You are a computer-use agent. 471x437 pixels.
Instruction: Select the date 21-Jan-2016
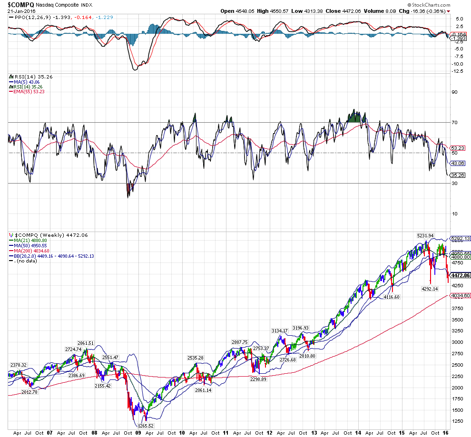21,11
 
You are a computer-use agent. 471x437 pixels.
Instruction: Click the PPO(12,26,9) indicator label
28,17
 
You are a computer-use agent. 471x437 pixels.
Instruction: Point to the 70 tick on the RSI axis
454,123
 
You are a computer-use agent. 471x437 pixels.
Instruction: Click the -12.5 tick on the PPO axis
458,71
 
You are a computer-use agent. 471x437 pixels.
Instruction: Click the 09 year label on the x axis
138,433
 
